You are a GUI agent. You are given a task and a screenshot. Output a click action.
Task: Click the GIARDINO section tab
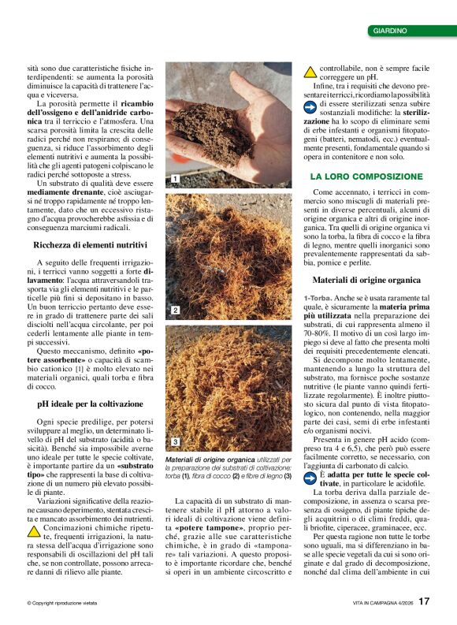click(390, 31)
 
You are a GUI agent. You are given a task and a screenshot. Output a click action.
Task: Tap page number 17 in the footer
click(424, 602)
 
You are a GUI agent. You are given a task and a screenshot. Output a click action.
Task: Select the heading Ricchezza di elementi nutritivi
click(84, 246)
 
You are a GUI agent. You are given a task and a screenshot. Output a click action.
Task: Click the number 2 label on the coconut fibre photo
click(173, 311)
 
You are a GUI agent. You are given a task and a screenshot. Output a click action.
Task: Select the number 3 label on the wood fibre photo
click(173, 441)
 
